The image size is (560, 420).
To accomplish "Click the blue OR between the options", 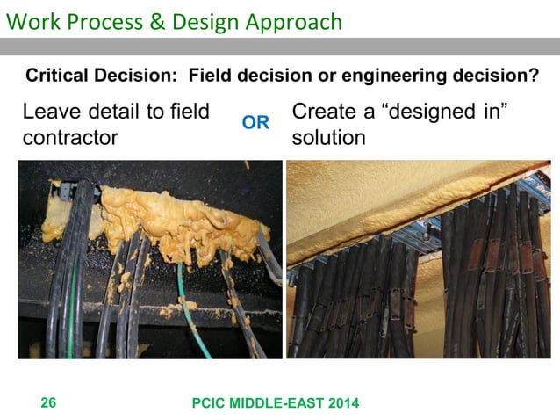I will pyautogui.click(x=255, y=124).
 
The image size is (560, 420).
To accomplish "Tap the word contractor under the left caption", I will pyautogui.click(x=70, y=139).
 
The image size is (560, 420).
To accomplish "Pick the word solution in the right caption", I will pyautogui.click(x=328, y=139).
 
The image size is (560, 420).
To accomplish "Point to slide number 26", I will pyautogui.click(x=49, y=403).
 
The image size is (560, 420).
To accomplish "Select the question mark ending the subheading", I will pyautogui.click(x=535, y=76).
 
